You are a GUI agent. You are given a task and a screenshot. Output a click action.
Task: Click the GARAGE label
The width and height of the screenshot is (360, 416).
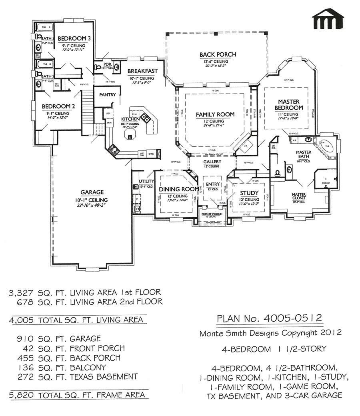pos(92,192)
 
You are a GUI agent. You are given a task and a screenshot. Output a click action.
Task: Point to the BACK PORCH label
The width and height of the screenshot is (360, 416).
pos(218,54)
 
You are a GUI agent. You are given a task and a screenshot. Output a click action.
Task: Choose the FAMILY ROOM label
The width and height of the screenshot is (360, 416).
pos(215,115)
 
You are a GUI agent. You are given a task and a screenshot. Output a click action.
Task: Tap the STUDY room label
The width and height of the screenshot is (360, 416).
pos(249,193)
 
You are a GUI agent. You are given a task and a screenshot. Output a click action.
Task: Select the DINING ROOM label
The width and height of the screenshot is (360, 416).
pos(178,189)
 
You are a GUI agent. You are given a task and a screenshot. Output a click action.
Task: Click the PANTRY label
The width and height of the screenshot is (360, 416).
pos(108,95)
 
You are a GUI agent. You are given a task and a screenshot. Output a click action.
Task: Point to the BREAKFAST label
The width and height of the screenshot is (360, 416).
pos(142,71)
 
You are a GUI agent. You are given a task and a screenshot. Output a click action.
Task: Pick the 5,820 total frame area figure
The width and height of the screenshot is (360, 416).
pos(21,395)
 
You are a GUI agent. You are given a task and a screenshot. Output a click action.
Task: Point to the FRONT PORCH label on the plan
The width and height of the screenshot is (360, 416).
pos(212,214)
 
